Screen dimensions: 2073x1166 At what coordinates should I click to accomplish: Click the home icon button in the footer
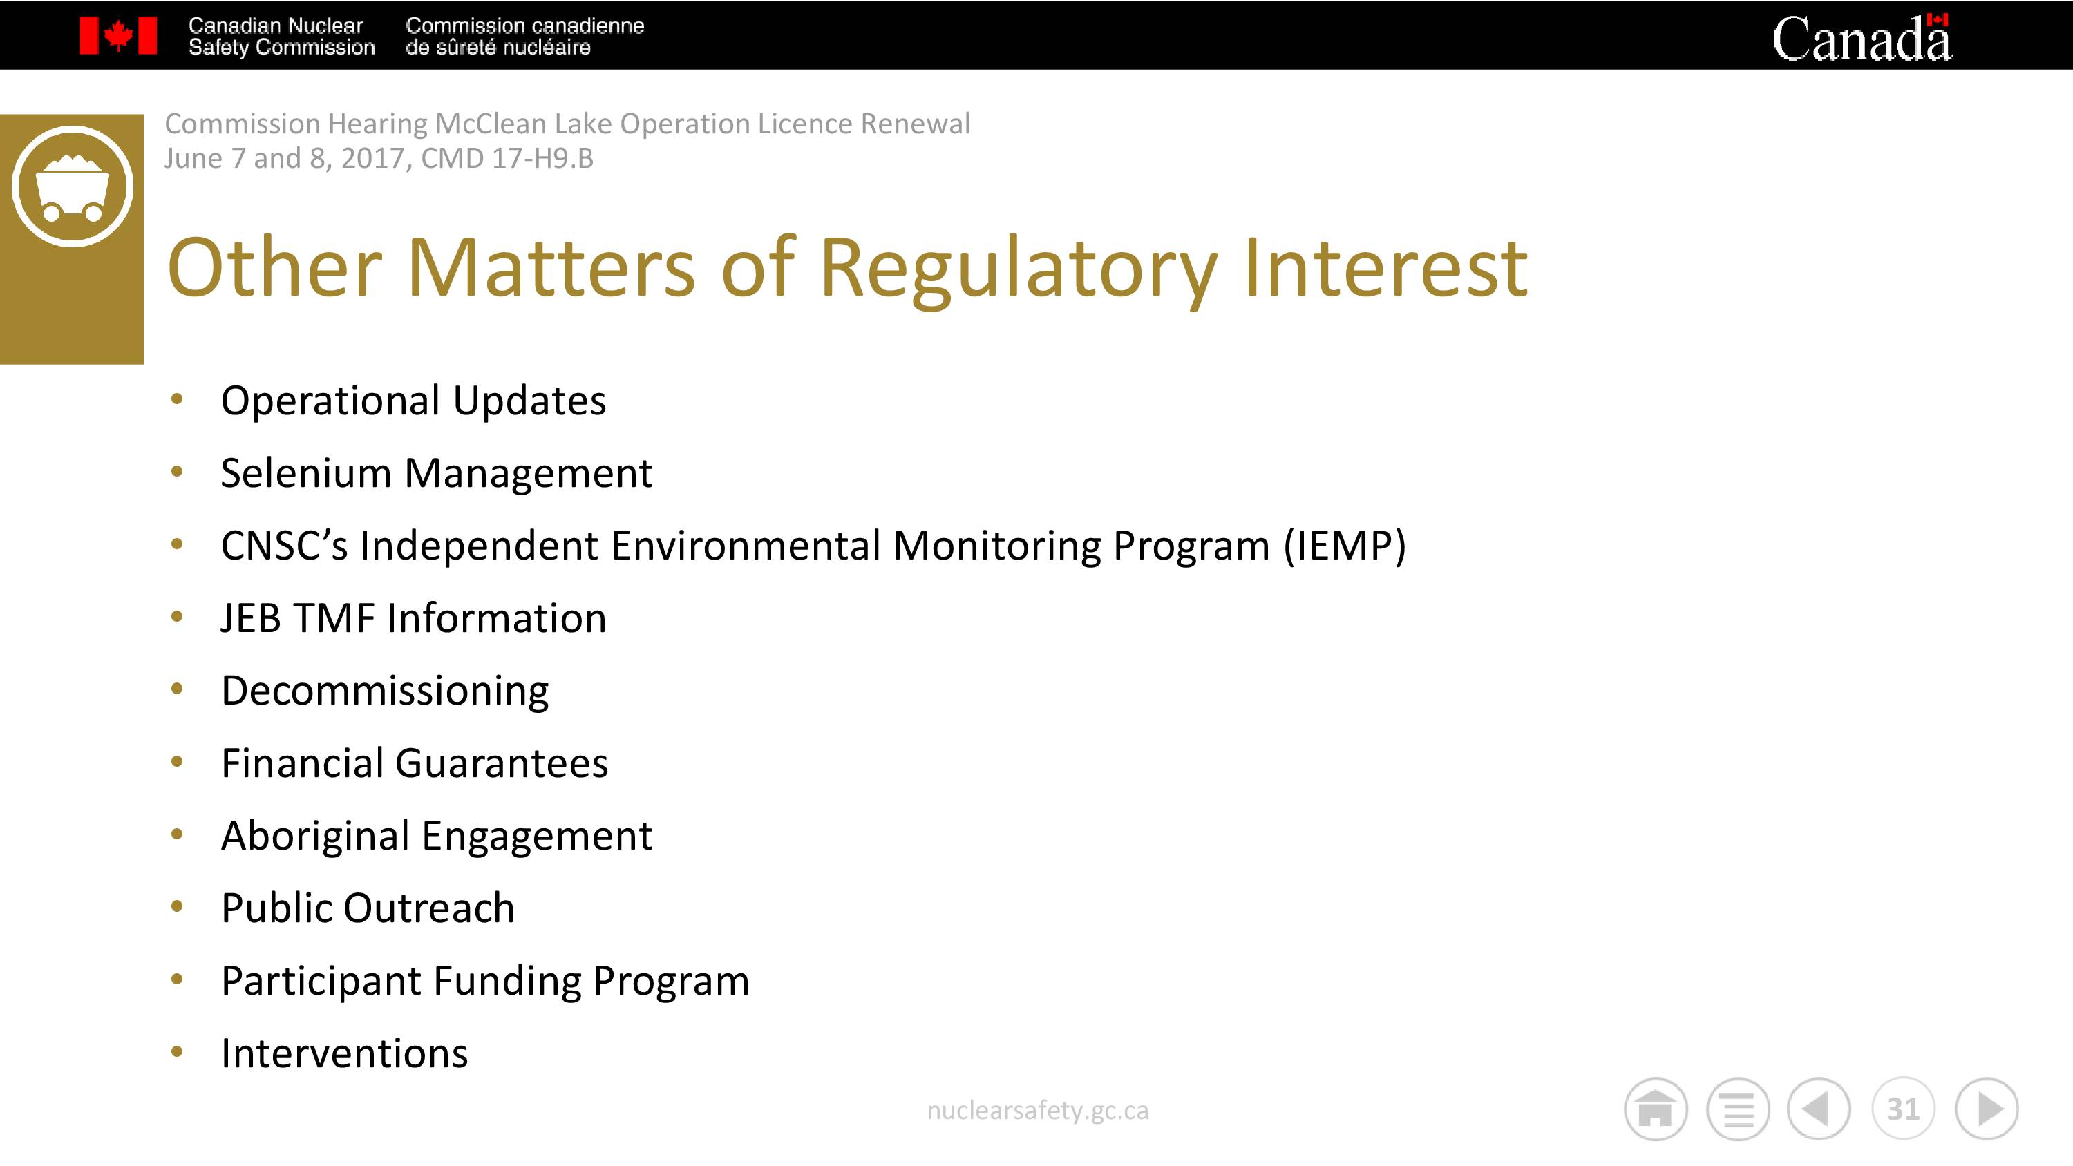[x=1656, y=1109]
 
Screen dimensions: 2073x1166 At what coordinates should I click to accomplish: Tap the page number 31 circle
[x=1902, y=1109]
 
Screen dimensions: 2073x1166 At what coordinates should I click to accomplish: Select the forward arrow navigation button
[x=1987, y=1109]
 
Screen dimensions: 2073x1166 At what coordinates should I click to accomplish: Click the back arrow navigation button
[x=1819, y=1109]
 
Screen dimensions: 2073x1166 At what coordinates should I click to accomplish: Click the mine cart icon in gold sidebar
[x=73, y=186]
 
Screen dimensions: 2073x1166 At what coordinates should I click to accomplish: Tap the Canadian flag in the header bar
[x=118, y=36]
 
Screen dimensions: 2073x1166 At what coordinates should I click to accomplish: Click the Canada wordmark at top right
[x=1862, y=38]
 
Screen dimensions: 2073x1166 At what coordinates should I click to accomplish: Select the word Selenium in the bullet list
[x=307, y=473]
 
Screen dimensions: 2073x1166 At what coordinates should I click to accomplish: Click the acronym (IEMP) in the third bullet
[x=1345, y=546]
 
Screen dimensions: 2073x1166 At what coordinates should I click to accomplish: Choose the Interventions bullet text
[x=344, y=1053]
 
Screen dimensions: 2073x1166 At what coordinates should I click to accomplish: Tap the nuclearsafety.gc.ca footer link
[x=1037, y=1111]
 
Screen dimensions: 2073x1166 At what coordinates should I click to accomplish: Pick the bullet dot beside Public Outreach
[x=177, y=907]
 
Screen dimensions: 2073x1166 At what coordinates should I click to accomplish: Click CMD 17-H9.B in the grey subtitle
[x=507, y=158]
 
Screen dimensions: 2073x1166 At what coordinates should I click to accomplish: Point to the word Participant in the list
[x=321, y=982]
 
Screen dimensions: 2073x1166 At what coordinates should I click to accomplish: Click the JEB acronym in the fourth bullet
[x=251, y=619]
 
